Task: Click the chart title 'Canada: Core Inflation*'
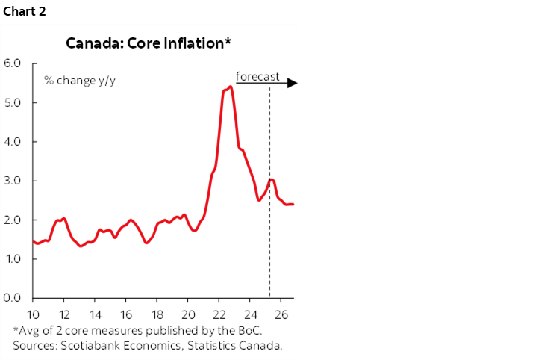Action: pos(149,43)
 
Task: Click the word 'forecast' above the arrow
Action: pos(257,76)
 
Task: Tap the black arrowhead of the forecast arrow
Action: pos(293,83)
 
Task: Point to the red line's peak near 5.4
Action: pos(230,87)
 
